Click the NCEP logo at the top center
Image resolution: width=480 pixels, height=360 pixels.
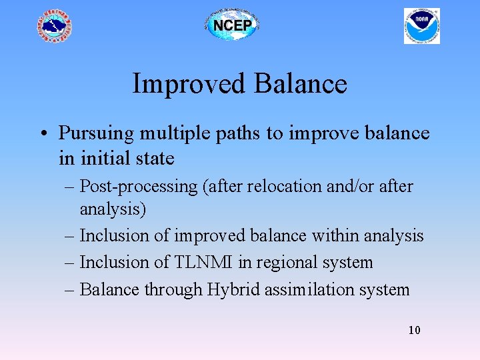click(x=231, y=25)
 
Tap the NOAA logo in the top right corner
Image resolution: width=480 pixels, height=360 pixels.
click(x=421, y=26)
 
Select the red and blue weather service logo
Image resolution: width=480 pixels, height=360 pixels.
click(x=54, y=26)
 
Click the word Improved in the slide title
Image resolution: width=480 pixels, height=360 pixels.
click(x=188, y=84)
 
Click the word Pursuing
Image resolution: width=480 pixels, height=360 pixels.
click(x=96, y=133)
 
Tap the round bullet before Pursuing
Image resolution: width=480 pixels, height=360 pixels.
click(x=42, y=134)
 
